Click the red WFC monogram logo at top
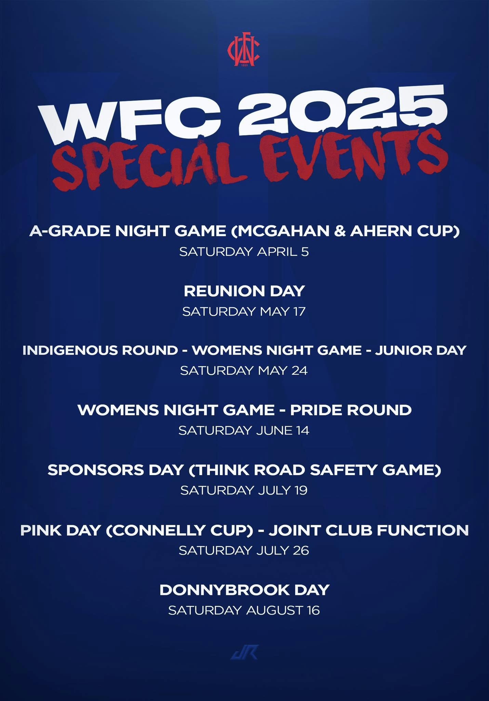coord(244,51)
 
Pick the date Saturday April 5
coord(244,252)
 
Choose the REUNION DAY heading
coord(244,291)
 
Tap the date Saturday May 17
coord(244,311)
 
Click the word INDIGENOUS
coord(100,350)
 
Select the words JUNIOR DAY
coord(421,350)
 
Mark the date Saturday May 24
coord(244,371)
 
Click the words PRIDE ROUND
coord(351,410)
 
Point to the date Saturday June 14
coord(244,431)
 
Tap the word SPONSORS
coord(96,470)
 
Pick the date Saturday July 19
coord(244,490)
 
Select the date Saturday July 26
coord(244,550)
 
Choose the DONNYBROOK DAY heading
coord(244,590)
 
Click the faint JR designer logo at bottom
coord(244,652)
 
